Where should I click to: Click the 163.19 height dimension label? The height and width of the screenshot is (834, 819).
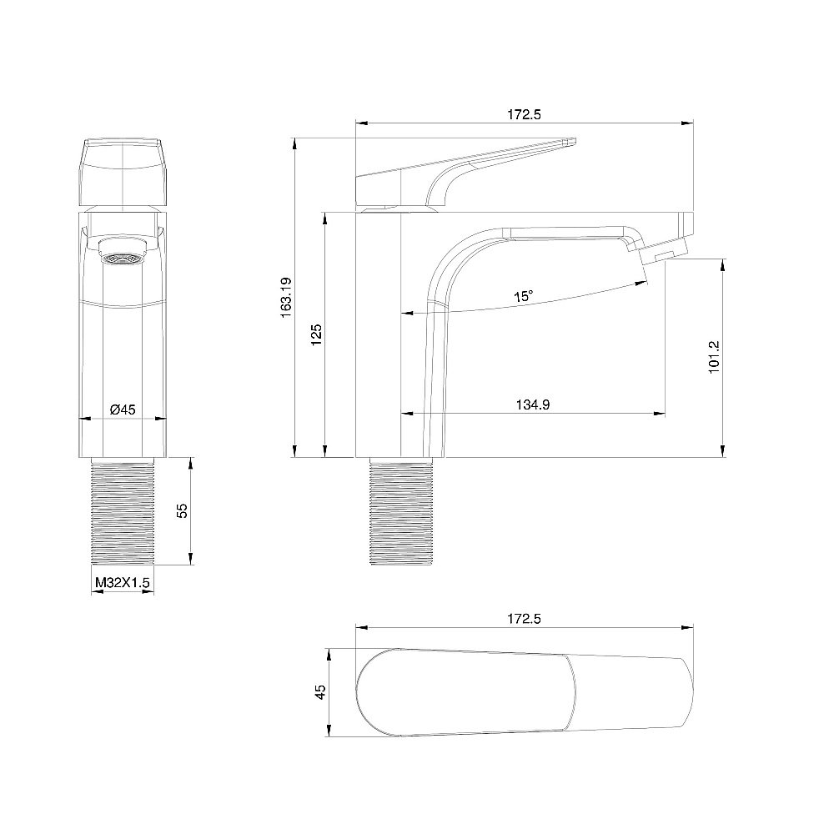286,297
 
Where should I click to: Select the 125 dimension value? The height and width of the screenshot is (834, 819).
316,334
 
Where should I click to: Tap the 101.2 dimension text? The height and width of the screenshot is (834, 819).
714,357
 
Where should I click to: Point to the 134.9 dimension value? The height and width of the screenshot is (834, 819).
532,404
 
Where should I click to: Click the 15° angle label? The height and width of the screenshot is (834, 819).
523,296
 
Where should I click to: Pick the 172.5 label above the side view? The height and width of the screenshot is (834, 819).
525,115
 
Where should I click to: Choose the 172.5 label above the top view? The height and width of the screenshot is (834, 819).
525,619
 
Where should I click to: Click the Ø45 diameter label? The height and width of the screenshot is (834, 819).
123,409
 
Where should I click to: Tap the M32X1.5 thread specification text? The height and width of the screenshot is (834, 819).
122,583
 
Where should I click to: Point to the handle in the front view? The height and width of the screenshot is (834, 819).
123,171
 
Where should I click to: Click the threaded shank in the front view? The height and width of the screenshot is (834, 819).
123,514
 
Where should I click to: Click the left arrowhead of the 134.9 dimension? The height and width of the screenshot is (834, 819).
406,413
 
